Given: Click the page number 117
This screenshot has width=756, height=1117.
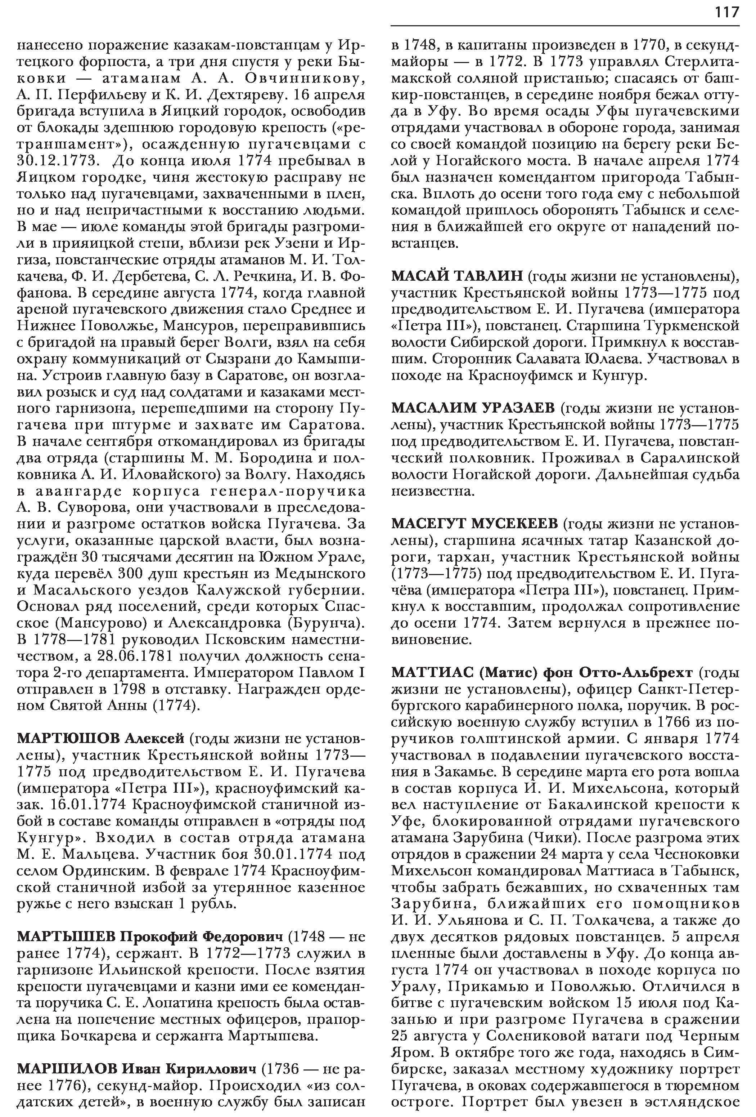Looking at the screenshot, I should (727, 12).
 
